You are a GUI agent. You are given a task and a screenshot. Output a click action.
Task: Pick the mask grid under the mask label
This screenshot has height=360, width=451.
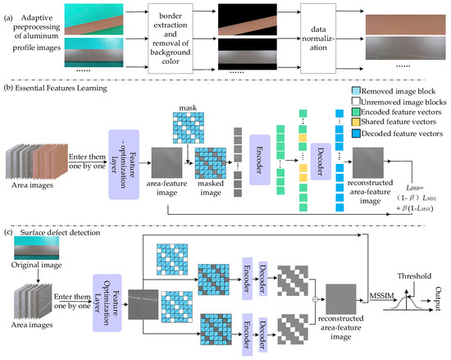coord(189,125)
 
